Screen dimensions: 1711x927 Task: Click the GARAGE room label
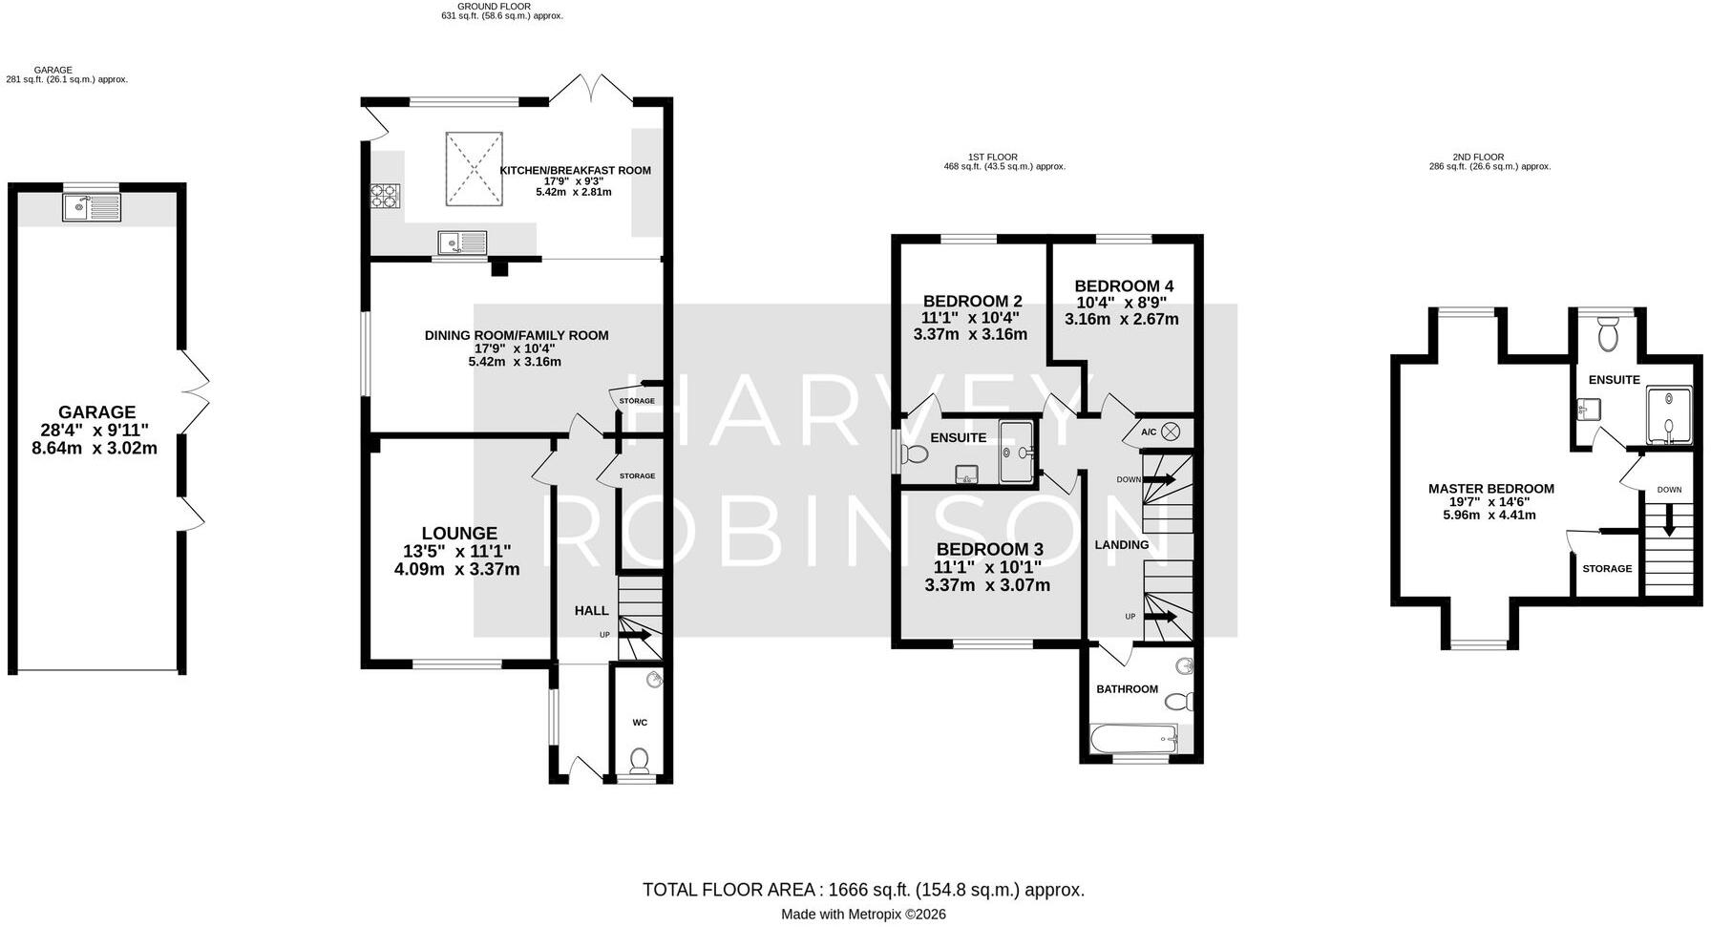(97, 412)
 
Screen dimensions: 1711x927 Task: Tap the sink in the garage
(92, 207)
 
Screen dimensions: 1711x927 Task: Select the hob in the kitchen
(386, 195)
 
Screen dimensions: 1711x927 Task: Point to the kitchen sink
(463, 243)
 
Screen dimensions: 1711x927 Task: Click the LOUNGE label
(459, 534)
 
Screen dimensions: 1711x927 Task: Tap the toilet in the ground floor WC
(640, 760)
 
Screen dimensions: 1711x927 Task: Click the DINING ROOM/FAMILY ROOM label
(517, 335)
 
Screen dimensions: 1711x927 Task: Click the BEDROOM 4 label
(1124, 285)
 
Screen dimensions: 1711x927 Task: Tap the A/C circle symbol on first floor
(1171, 432)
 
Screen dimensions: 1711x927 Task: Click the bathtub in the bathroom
(1133, 738)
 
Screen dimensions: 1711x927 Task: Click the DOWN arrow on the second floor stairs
(1669, 520)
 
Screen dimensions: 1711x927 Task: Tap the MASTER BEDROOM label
(1490, 489)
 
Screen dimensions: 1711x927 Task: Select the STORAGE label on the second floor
(1607, 568)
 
